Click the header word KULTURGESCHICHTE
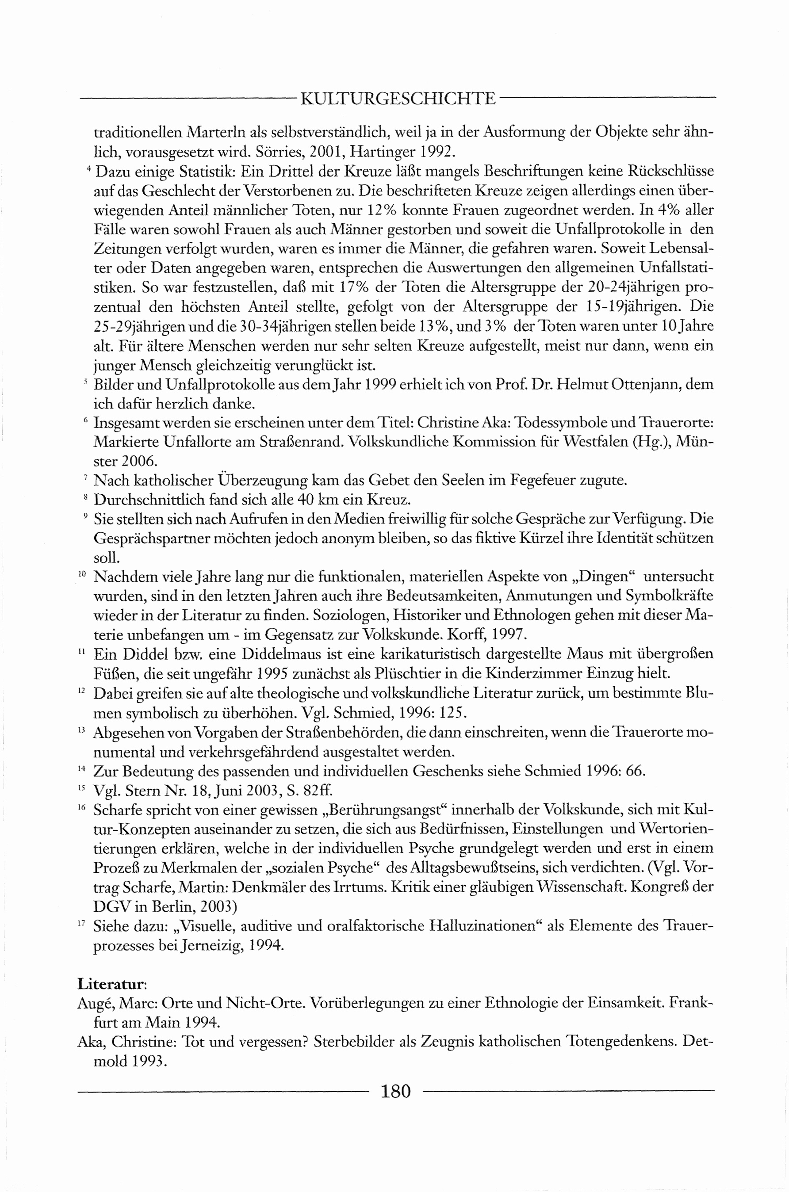(398, 98)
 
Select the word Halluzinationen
(485, 926)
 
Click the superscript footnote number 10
(83, 573)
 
